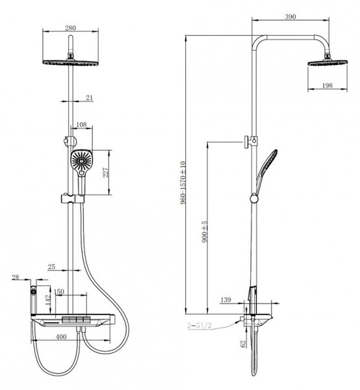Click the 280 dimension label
(x=70, y=28)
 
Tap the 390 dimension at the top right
(x=290, y=17)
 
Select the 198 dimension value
(x=327, y=86)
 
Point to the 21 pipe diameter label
(x=90, y=97)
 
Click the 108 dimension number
(x=81, y=124)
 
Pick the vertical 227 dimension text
(x=106, y=172)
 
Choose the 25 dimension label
(x=51, y=267)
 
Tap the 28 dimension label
(x=16, y=277)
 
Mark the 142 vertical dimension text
(x=48, y=300)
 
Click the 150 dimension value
(x=59, y=291)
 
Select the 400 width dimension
(x=61, y=337)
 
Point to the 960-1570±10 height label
(x=183, y=183)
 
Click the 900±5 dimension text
(x=205, y=231)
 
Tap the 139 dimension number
(x=225, y=300)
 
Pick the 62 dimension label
(x=243, y=344)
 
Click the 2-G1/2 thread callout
(x=199, y=326)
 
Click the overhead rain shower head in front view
(x=71, y=62)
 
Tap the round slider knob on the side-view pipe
(x=254, y=199)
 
